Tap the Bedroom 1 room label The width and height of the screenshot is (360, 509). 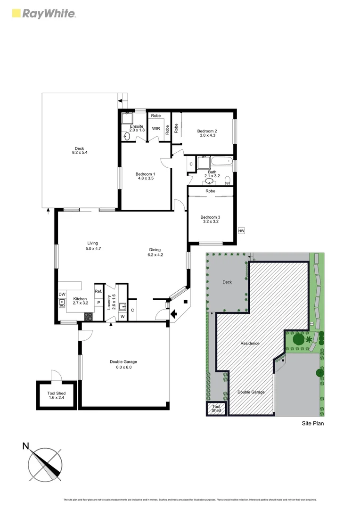click(x=146, y=173)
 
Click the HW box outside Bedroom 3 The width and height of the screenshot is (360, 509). click(x=241, y=231)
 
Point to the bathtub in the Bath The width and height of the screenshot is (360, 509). click(x=221, y=162)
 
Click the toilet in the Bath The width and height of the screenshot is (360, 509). click(x=227, y=180)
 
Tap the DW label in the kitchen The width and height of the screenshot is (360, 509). click(x=62, y=294)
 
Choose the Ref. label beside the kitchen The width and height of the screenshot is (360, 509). click(x=98, y=292)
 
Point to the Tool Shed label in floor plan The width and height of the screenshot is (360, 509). click(x=56, y=393)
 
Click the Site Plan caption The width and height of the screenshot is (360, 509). click(x=312, y=423)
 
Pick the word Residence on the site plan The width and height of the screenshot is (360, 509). click(x=250, y=343)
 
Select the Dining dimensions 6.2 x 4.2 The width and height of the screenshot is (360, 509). click(x=155, y=255)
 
